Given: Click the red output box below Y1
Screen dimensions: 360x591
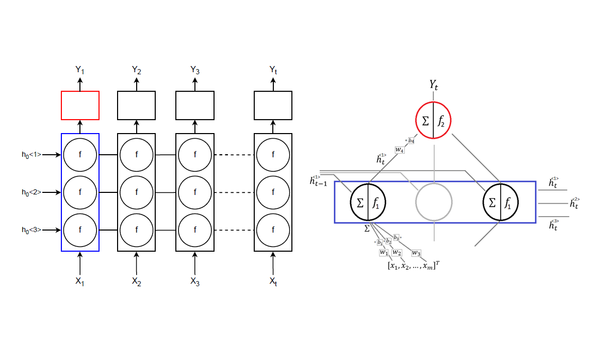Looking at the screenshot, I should (x=80, y=105).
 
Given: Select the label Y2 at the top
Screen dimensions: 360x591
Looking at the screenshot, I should (x=137, y=70).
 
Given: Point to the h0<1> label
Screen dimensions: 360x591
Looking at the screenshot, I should (x=31, y=154).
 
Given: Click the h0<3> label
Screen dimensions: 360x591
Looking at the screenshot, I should (x=31, y=230).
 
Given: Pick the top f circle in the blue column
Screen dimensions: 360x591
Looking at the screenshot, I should (x=80, y=154).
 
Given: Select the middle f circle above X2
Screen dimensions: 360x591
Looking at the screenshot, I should (x=137, y=192).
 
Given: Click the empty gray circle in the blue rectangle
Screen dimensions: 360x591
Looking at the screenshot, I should (x=434, y=202).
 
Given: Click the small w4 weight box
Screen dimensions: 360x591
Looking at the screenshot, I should (x=400, y=150).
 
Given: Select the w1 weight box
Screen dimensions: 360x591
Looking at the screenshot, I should (x=384, y=252).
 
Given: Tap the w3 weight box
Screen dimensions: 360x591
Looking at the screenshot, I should (x=416, y=253).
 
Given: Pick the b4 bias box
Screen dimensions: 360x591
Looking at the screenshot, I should (x=411, y=140).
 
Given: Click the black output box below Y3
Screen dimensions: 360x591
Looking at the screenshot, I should (x=195, y=105).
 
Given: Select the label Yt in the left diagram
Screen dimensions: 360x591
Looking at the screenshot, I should (x=273, y=70).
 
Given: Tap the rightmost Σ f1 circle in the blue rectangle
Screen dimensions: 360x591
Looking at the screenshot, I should (x=500, y=202).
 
